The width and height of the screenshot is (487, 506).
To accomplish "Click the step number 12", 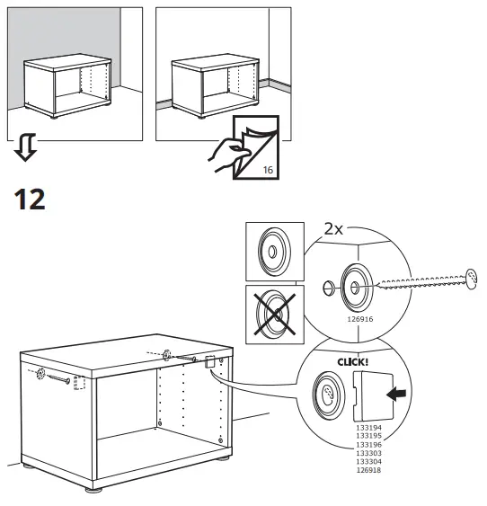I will tap(29, 199).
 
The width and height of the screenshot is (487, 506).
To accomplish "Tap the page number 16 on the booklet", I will tap(268, 169).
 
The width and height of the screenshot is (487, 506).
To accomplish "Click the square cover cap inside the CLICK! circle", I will tap(369, 395).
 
